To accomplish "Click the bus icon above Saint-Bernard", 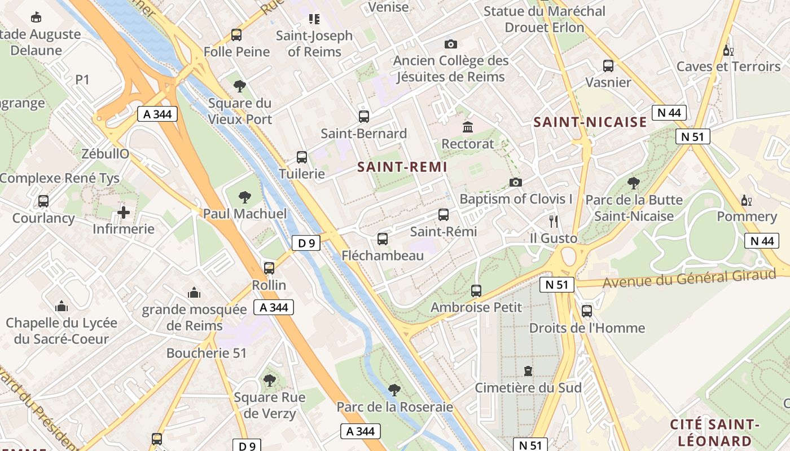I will pyautogui.click(x=364, y=117).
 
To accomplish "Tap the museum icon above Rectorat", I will pyautogui.click(x=467, y=127).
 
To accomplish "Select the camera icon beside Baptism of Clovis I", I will pyautogui.click(x=515, y=182).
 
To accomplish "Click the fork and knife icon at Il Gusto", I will pyautogui.click(x=553, y=221).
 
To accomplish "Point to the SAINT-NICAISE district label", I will pyautogui.click(x=590, y=122).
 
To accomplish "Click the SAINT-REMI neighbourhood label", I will pyautogui.click(x=402, y=167).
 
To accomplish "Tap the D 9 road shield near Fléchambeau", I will pyautogui.click(x=306, y=244).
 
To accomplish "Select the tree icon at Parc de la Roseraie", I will pyautogui.click(x=394, y=390).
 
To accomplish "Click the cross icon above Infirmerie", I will pyautogui.click(x=124, y=213).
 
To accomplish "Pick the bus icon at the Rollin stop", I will pyautogui.click(x=269, y=268).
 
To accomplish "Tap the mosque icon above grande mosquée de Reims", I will pyautogui.click(x=194, y=293).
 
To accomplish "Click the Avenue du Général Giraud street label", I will pyautogui.click(x=689, y=278).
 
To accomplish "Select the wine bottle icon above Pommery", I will pyautogui.click(x=746, y=200).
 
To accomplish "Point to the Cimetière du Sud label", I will pyautogui.click(x=528, y=388).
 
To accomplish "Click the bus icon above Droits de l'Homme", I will pyautogui.click(x=587, y=311).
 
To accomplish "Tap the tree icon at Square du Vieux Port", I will pyautogui.click(x=239, y=86).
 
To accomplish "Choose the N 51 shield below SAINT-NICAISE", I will pyautogui.click(x=692, y=136).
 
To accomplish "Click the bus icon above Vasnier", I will pyautogui.click(x=608, y=65).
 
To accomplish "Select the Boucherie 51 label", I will pyautogui.click(x=207, y=353).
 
